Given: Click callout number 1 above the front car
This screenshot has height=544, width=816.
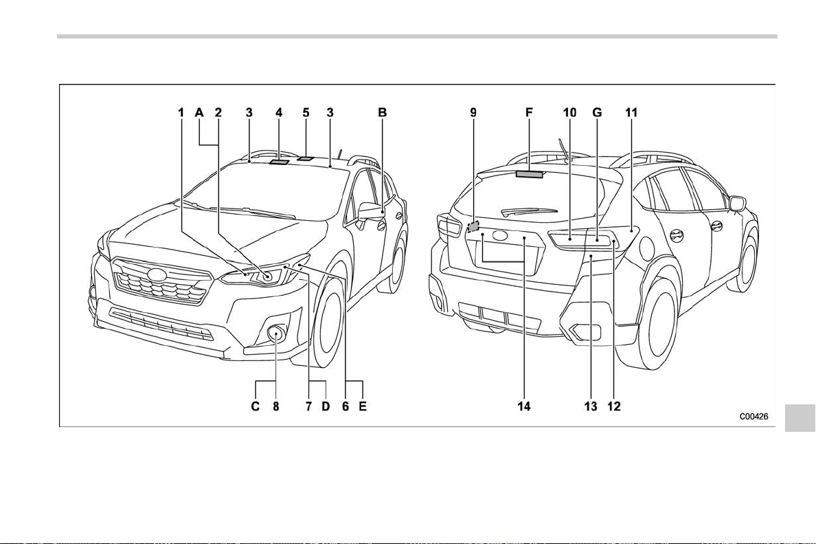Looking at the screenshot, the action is pos(181,113).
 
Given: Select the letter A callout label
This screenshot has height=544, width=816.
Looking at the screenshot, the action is pos(199,113).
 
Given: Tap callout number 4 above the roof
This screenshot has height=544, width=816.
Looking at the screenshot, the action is pos(279,113).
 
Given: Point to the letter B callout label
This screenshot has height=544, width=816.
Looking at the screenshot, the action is pos(383,113).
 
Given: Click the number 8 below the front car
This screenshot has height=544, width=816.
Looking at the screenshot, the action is pos(276,406).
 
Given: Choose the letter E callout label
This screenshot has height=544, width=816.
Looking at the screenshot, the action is pos(363,406).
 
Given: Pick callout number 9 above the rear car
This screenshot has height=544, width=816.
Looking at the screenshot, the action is pos(473,113).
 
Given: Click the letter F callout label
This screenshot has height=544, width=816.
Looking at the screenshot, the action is pos(530,113).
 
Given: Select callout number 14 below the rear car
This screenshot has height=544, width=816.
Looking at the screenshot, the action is pos(524,406).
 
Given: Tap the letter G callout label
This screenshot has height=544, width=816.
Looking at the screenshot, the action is pos(597,113).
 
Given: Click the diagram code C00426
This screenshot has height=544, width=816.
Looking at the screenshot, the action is pos(754,416).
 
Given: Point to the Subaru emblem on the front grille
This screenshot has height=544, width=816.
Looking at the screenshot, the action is pos(155,274).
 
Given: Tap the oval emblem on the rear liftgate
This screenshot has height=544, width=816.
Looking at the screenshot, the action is pos(500,235).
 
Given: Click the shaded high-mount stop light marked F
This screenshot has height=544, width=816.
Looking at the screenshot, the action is pos(530,174).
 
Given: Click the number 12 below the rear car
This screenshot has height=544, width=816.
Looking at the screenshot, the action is pos(615,406).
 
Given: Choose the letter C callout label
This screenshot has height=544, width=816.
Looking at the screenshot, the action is pos(256,406).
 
